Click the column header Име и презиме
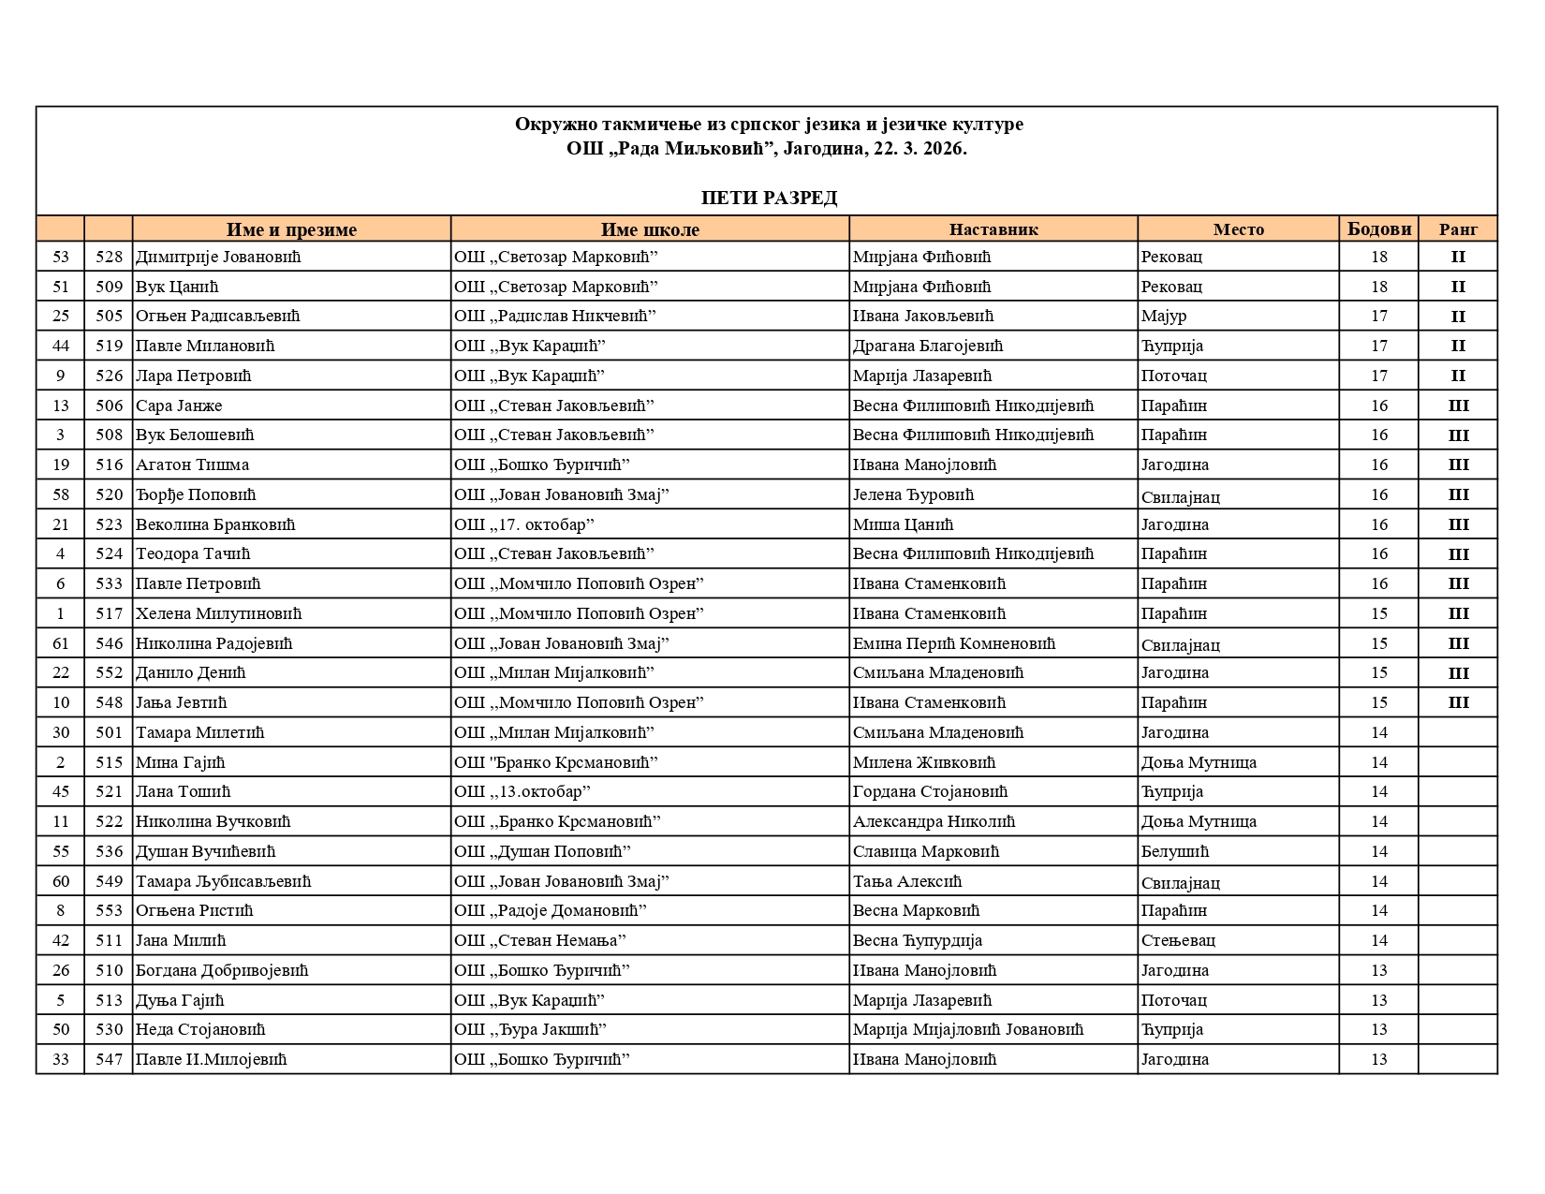[x=291, y=229]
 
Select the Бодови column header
[x=1378, y=229]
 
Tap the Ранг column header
[x=1458, y=229]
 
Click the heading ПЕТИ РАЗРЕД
[x=769, y=198]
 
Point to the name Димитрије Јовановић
[x=218, y=257]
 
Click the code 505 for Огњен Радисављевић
[x=109, y=317]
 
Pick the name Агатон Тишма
[x=192, y=464]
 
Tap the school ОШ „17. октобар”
[x=524, y=524]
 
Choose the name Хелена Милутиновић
[x=219, y=613]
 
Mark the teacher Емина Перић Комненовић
[x=953, y=643]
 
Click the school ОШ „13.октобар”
[x=522, y=791]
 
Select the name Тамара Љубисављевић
[x=223, y=881]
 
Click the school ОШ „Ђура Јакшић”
[x=530, y=1029]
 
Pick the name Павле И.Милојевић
[x=211, y=1059]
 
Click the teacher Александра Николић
[x=934, y=821]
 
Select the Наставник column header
[x=993, y=229]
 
